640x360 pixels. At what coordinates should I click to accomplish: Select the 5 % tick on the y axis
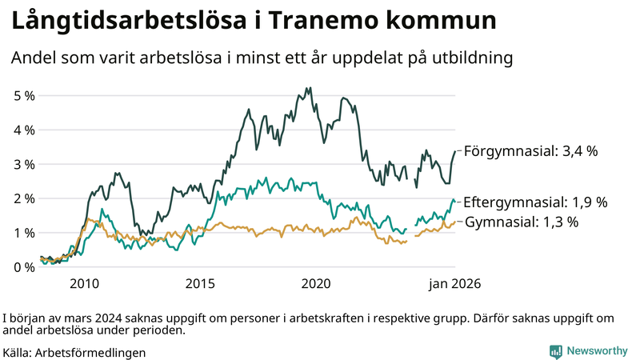(x=25, y=96)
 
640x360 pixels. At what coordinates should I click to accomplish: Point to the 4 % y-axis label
(x=25, y=130)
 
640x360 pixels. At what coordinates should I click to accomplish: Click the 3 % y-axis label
(x=25, y=165)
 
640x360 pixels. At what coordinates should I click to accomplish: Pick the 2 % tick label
(x=25, y=199)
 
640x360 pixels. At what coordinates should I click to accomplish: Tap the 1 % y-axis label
(x=25, y=233)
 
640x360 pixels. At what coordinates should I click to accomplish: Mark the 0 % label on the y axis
(x=25, y=267)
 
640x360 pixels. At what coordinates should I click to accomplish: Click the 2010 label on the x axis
(x=85, y=284)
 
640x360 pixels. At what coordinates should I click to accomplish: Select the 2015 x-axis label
(x=201, y=284)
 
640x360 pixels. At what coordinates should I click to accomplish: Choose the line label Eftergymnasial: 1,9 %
(x=534, y=202)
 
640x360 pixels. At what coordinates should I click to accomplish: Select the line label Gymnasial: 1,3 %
(x=522, y=222)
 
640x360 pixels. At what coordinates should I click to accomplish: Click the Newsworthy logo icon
(x=555, y=351)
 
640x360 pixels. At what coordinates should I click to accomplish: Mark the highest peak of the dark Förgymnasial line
(x=309, y=88)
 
